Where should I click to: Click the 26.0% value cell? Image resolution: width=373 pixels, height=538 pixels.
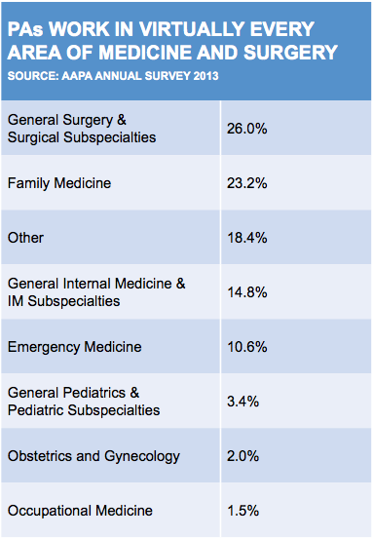(x=246, y=129)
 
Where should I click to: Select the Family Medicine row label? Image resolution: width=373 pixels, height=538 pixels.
(x=59, y=183)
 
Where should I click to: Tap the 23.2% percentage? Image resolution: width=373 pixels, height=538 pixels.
(x=246, y=183)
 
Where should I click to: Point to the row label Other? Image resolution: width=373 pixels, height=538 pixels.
(x=25, y=238)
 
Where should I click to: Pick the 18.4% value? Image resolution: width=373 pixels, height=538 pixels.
(x=247, y=238)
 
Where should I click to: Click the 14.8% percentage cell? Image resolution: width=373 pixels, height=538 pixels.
(x=247, y=292)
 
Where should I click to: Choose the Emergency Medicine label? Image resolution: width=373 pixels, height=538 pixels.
(x=75, y=347)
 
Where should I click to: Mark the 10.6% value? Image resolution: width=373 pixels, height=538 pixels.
(x=247, y=347)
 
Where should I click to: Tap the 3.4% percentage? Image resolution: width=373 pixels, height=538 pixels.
(x=242, y=402)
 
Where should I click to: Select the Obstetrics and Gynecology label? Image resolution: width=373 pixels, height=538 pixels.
(x=93, y=457)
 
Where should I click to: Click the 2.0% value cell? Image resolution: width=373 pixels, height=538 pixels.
(x=242, y=456)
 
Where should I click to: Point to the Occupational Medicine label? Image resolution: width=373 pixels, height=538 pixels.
(x=80, y=511)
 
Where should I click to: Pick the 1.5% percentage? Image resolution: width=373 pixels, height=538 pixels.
(x=243, y=511)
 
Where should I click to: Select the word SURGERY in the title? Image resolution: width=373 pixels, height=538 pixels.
(x=291, y=53)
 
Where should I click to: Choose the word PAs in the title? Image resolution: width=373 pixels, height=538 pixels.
(x=25, y=29)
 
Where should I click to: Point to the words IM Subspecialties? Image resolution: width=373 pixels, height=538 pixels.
(x=63, y=301)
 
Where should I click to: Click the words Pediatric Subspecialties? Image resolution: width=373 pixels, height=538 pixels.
(x=84, y=410)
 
